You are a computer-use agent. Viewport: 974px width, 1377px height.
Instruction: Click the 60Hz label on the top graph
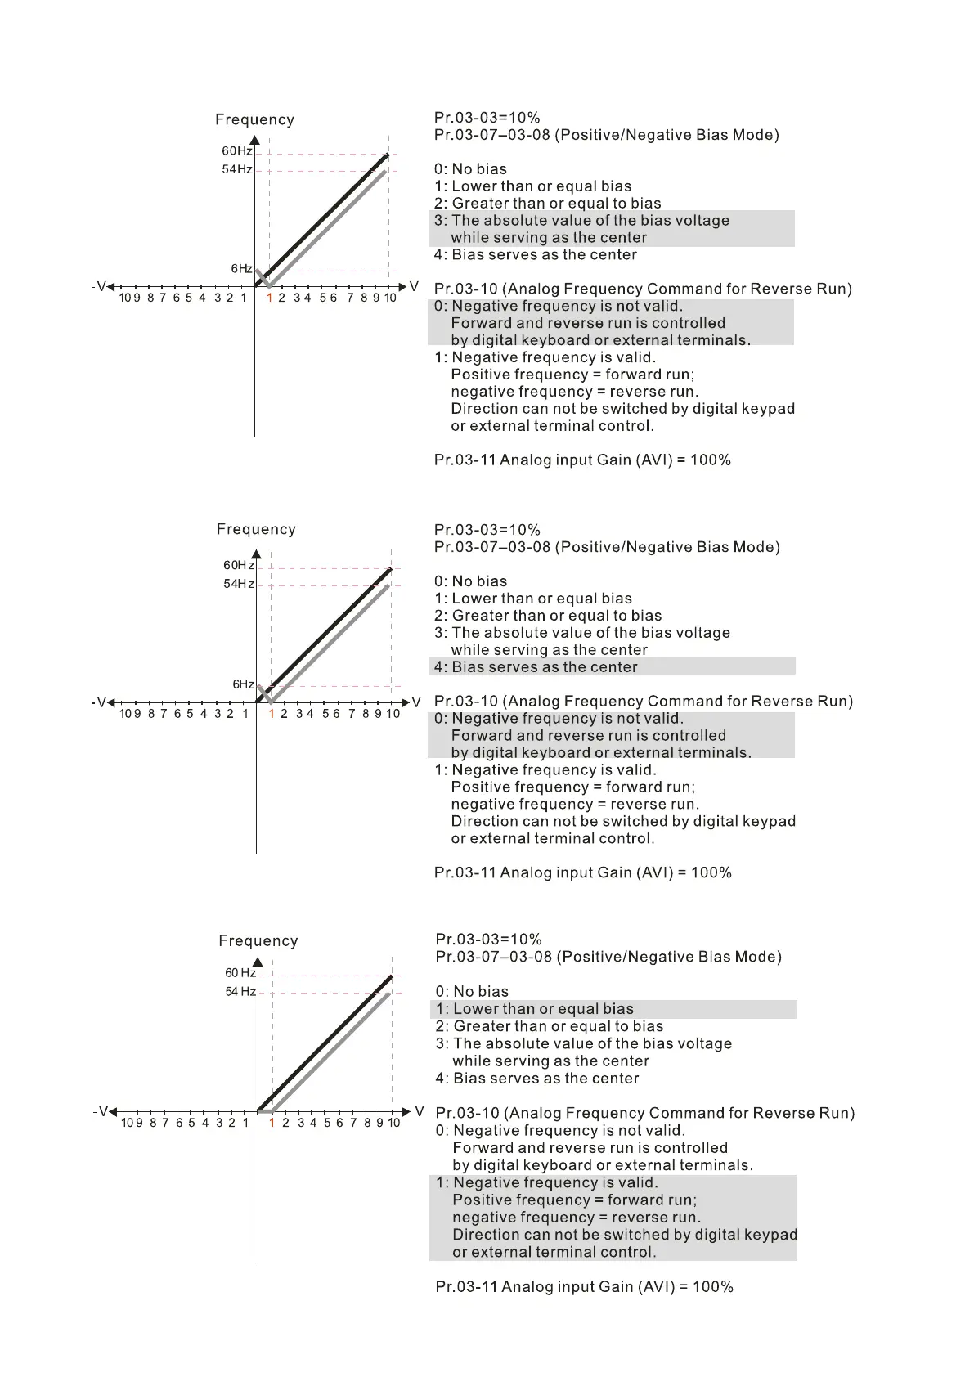[236, 151]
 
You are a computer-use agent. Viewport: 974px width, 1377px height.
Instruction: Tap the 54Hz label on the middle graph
[239, 584]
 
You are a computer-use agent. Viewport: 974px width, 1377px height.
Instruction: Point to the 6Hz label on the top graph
[240, 269]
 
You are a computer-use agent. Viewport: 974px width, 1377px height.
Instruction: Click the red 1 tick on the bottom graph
[272, 1123]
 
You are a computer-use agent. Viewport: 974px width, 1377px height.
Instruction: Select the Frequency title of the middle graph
[256, 529]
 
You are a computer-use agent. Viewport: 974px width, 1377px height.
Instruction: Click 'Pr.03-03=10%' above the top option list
[487, 118]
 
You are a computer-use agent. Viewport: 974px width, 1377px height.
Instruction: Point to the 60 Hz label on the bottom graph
[240, 973]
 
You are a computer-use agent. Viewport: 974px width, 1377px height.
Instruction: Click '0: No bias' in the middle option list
[470, 581]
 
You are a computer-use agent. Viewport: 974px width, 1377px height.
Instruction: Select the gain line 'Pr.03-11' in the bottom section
[584, 1286]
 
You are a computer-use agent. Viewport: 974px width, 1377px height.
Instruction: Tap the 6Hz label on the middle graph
[243, 684]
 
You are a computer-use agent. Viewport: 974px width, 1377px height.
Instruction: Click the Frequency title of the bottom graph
[258, 941]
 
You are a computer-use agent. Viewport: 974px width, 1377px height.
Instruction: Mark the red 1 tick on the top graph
[269, 298]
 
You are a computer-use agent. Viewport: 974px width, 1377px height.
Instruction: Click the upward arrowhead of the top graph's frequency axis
[254, 141]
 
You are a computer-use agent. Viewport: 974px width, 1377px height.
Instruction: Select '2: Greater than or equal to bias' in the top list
[547, 204]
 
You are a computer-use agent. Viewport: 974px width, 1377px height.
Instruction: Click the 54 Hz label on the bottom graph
[240, 992]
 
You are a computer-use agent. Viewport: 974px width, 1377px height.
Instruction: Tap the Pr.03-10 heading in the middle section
[643, 701]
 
